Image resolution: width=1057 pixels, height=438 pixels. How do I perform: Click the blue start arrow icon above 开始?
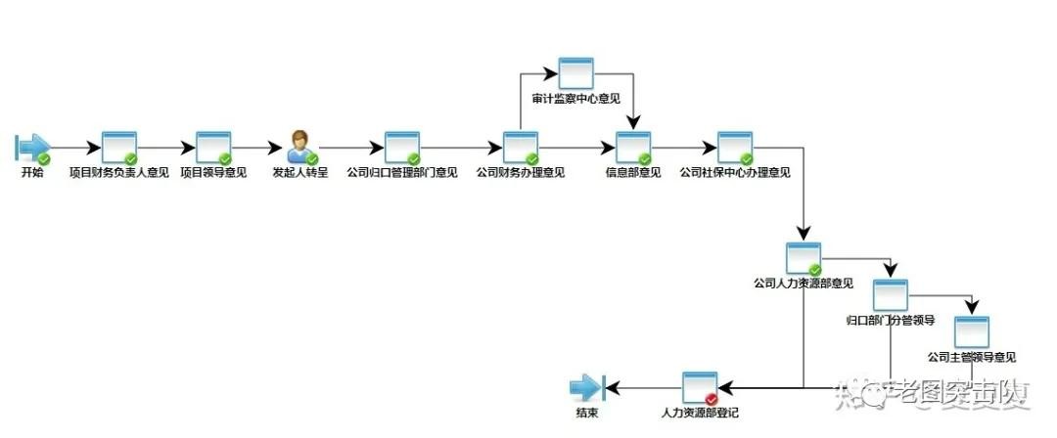[32, 147]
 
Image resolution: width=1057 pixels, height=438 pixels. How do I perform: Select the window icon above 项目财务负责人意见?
[119, 147]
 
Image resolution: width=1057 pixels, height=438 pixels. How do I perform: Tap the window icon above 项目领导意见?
[213, 147]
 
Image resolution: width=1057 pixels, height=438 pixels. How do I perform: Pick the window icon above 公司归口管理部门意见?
[401, 147]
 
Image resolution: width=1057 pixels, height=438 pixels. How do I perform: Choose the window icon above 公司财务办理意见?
[520, 147]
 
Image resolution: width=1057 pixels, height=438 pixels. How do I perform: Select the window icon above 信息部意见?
[632, 147]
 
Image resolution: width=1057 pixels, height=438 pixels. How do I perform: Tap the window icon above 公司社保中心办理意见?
[734, 147]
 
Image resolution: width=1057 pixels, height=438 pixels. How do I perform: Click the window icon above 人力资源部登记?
[699, 388]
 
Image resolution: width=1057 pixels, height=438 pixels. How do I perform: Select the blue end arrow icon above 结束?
[588, 388]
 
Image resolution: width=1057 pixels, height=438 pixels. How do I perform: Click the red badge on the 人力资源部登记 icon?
[712, 399]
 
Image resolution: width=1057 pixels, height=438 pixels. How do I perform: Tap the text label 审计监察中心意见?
[575, 99]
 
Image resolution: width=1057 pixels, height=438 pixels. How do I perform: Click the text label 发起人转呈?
[300, 172]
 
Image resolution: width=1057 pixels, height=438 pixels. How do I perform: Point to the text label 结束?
[587, 414]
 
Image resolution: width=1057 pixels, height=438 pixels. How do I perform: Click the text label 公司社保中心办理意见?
[734, 172]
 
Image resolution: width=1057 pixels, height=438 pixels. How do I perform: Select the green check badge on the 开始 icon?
[44, 158]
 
